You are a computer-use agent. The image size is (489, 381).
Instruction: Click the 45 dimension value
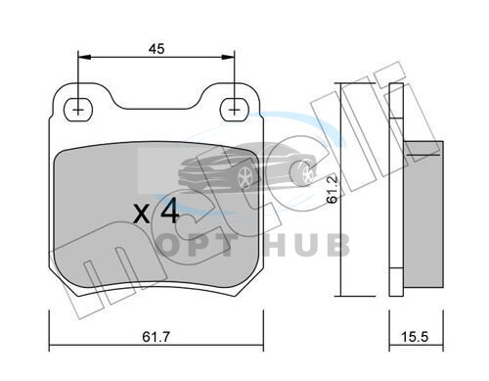tap(156, 49)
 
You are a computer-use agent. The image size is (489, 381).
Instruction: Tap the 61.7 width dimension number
tap(156, 337)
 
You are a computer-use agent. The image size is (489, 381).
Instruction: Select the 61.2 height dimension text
tap(332, 190)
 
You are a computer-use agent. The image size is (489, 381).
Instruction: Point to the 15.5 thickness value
tap(414, 337)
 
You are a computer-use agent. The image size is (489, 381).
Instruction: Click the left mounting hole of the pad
tap(78, 110)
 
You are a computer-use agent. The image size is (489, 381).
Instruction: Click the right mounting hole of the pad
tap(234, 110)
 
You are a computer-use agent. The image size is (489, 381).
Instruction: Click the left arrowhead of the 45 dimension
tap(84, 57)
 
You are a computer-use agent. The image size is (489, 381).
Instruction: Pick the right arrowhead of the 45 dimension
tap(228, 57)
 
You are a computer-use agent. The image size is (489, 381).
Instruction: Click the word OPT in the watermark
tap(195, 246)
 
